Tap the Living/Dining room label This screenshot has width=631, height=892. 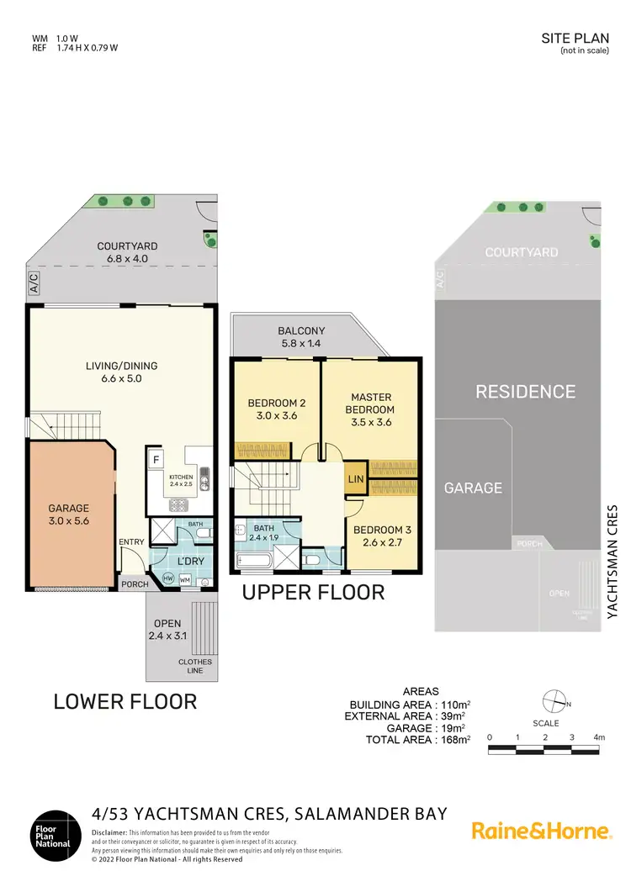[x=122, y=372]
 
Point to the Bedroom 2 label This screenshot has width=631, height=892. [x=276, y=409]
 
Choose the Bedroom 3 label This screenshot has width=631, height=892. [x=381, y=536]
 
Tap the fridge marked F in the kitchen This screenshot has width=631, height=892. [x=156, y=460]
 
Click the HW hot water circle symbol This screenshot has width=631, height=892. [x=167, y=578]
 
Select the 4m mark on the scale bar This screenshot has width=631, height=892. [x=599, y=737]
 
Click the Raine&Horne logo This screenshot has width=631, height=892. [x=541, y=831]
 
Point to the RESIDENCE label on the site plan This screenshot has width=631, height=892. [x=525, y=391]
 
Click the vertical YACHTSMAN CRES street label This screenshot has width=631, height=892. [x=612, y=562]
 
